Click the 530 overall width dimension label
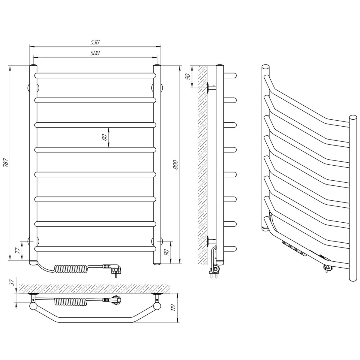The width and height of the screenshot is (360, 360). click(95, 42)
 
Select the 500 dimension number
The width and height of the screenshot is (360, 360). click(95, 53)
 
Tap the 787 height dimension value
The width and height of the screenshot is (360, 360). click(6, 163)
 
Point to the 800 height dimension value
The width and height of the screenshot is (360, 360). click(175, 165)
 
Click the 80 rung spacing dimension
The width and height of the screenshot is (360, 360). click(105, 137)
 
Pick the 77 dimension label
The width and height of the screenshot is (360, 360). click(17, 250)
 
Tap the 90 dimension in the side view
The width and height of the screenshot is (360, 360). click(187, 76)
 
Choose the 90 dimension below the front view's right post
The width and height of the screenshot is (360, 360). click(166, 252)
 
